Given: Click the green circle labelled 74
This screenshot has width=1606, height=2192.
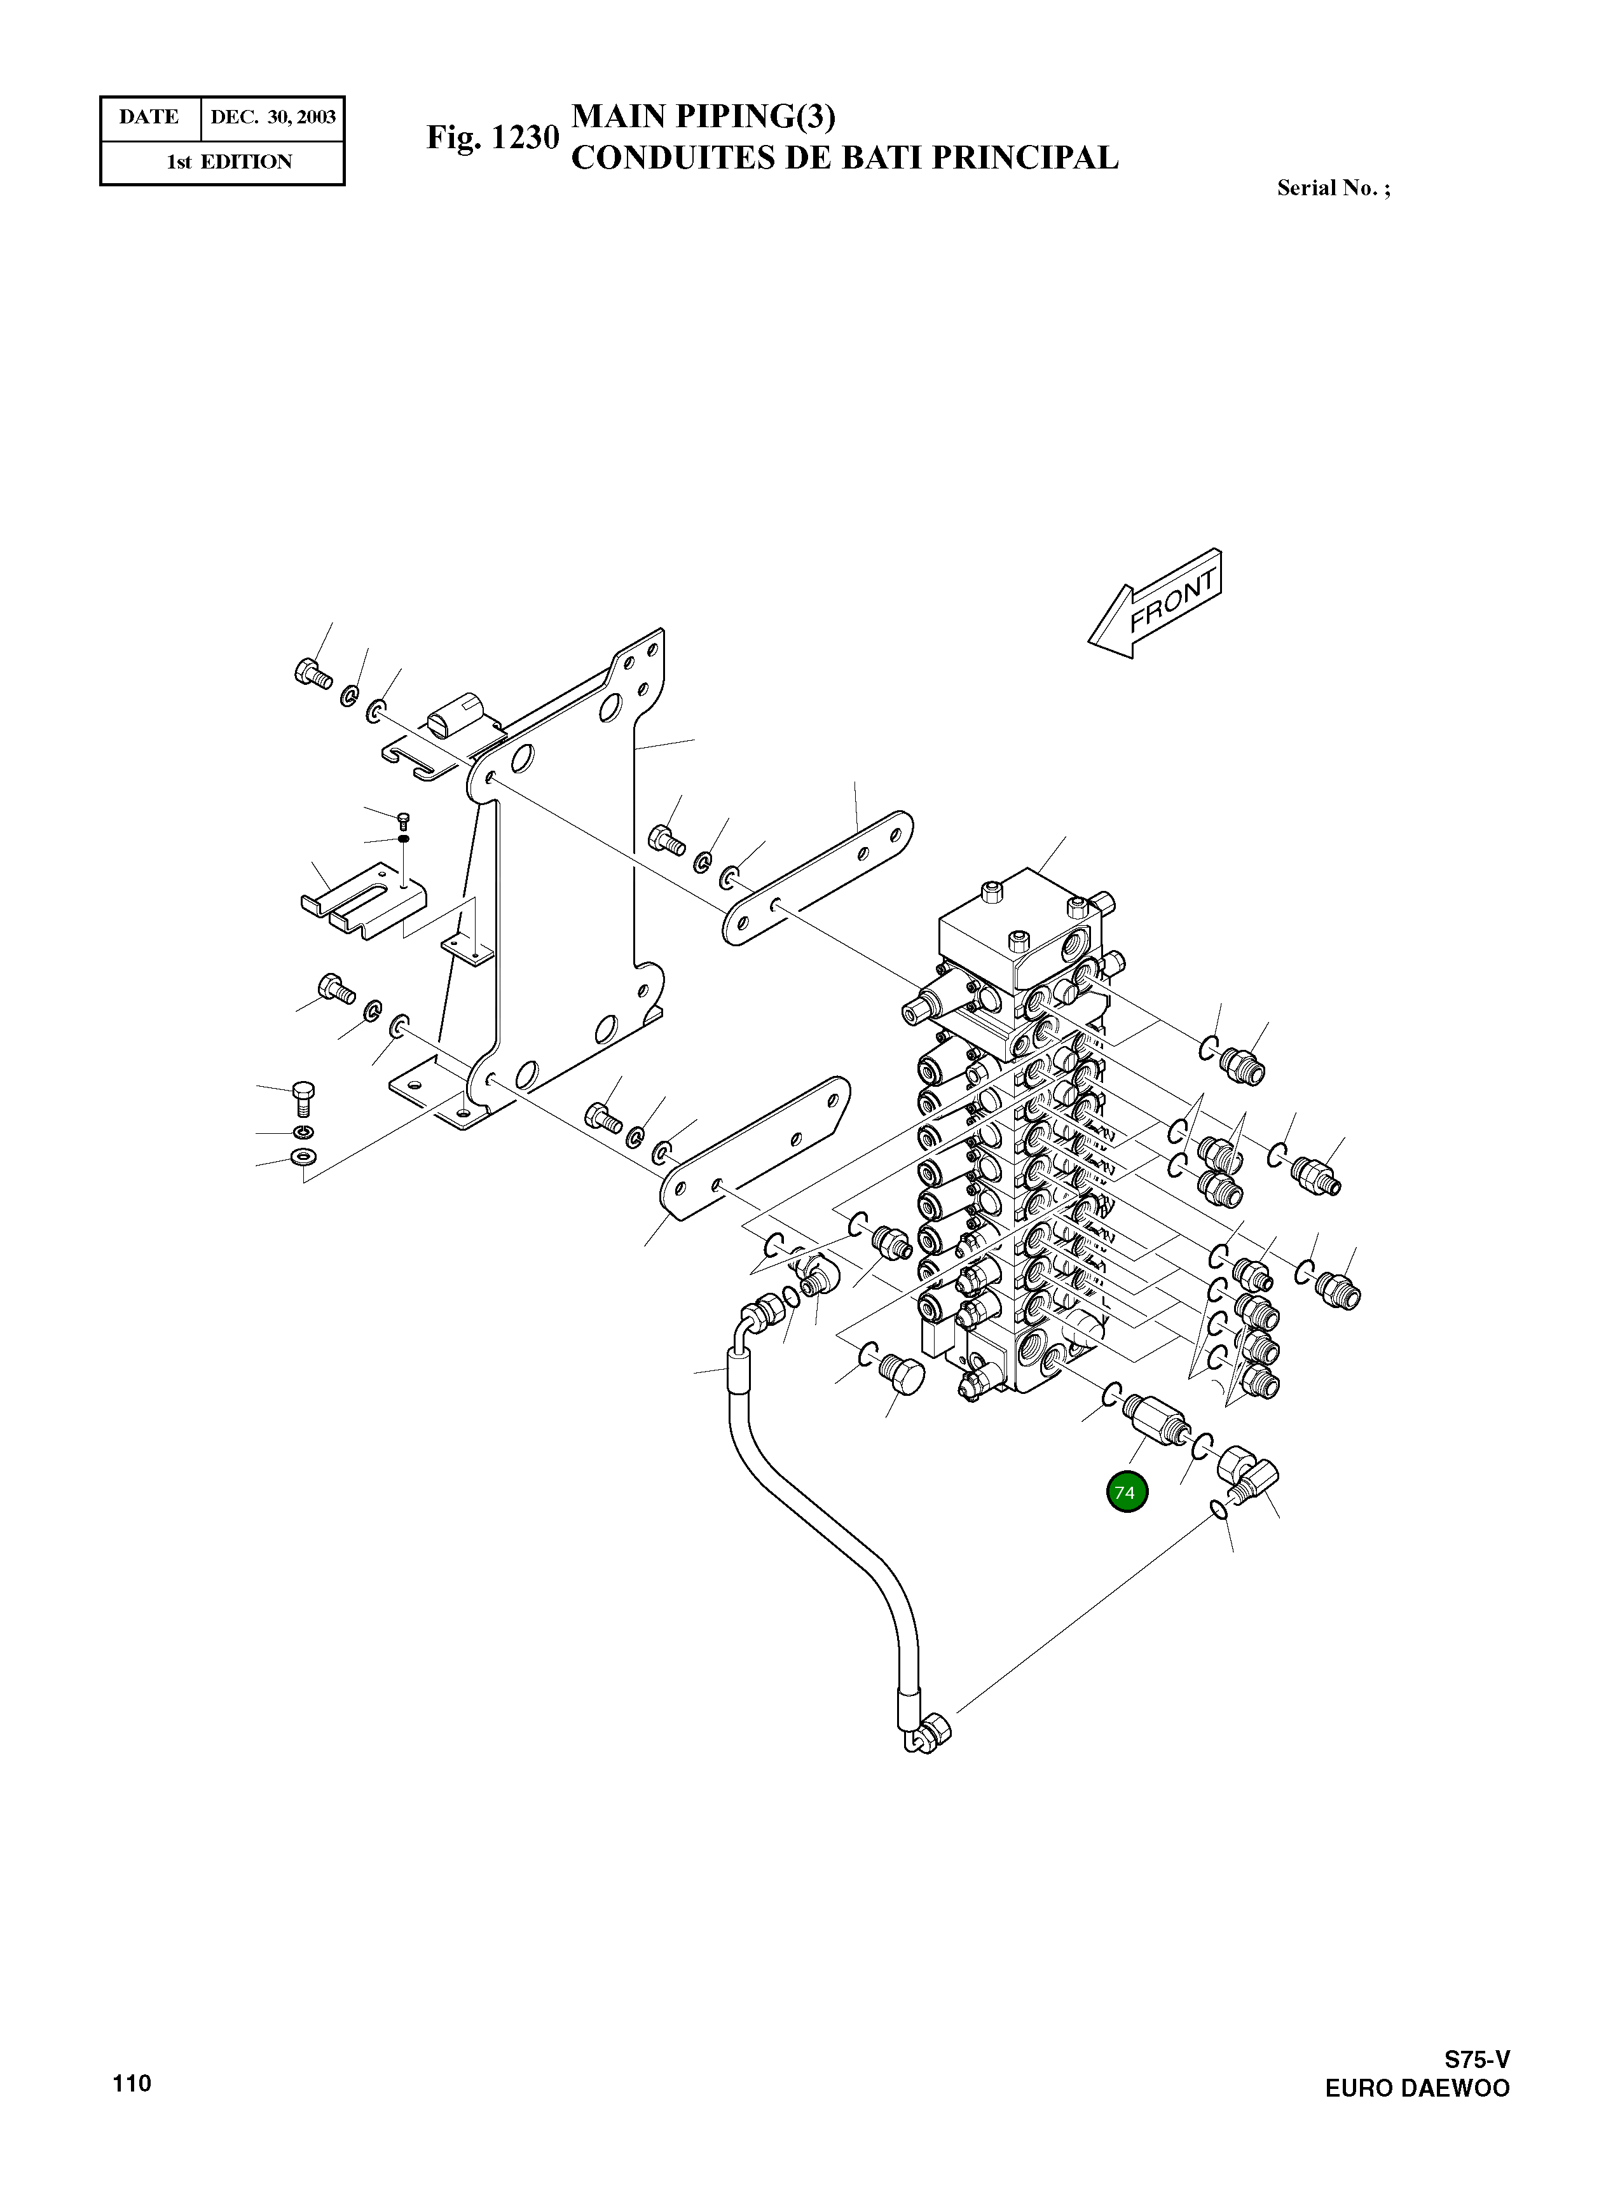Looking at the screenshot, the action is [1126, 1492].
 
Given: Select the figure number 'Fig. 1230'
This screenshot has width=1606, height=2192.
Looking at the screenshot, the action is [493, 137].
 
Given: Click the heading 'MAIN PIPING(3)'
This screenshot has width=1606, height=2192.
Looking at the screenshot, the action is [703, 116].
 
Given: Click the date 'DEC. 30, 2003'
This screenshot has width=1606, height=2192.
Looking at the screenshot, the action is [273, 118].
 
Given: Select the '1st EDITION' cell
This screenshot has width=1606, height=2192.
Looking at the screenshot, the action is [230, 162].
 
